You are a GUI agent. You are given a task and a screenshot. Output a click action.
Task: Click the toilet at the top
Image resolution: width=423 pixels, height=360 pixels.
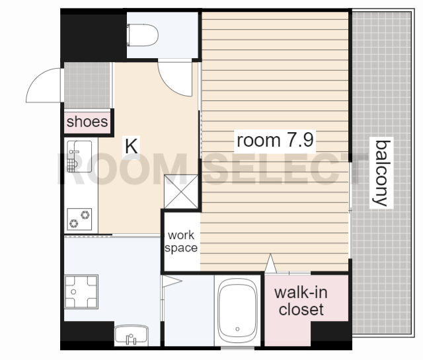coord(143,35)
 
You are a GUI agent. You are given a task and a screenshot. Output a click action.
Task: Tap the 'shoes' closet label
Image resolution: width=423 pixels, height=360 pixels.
coord(87,122)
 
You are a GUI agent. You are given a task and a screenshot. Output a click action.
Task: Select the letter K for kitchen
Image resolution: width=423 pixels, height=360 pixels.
coord(132,146)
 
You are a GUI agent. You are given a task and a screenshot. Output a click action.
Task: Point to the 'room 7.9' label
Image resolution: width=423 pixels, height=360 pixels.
coord(275,140)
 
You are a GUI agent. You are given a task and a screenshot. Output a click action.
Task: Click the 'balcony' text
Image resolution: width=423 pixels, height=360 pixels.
coord(381,173)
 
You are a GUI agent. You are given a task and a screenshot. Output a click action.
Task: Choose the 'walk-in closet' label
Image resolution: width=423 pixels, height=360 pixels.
coord(301,301)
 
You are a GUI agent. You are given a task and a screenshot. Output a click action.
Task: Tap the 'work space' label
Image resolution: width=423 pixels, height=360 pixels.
coord(181,241)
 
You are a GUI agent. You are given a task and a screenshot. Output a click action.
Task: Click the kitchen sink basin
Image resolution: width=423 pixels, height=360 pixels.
coord(79,157)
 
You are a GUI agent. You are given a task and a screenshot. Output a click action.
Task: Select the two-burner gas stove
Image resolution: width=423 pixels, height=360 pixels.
coord(79,219)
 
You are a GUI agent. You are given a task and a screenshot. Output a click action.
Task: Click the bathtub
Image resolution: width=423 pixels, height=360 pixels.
coord(237,310)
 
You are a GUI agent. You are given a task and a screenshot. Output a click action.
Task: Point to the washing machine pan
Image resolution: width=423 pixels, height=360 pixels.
coord(81,291)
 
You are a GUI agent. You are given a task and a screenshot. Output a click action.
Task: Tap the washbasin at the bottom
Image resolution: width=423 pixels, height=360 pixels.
coord(132,335)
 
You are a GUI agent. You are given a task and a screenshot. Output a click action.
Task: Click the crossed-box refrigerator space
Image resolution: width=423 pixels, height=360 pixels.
coord(181,192)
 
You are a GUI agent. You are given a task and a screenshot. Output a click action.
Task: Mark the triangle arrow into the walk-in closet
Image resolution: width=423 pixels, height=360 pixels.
coord(270,263)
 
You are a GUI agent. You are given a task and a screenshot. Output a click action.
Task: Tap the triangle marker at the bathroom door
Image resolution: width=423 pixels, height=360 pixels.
coord(172,281)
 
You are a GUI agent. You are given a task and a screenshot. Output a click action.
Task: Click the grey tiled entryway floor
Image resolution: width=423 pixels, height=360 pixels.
coord(87,85)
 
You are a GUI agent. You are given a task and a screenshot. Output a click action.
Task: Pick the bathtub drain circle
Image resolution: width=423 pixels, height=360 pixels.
coord(237,329)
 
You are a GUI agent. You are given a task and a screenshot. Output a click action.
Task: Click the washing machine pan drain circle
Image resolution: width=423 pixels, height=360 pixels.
coord(73,292)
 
